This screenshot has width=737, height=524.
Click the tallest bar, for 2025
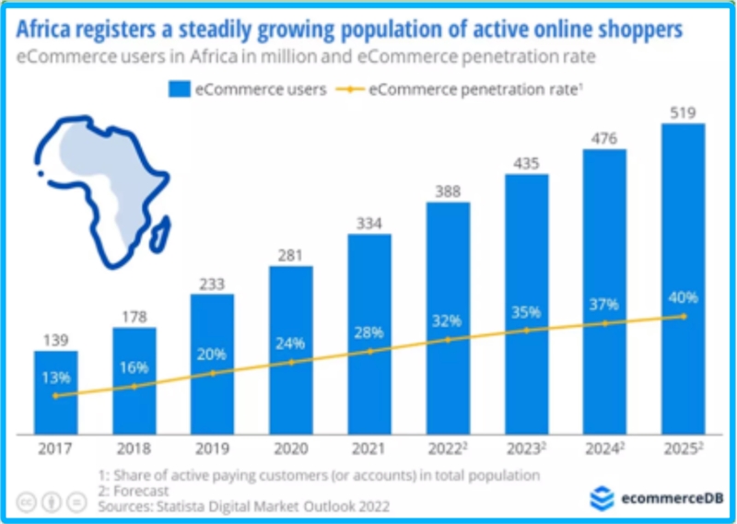[x=683, y=276]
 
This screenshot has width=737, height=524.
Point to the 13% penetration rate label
[x=55, y=377]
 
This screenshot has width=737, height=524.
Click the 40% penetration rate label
[x=683, y=297]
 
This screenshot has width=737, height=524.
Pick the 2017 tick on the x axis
[x=55, y=451]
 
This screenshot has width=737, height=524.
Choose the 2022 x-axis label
[x=448, y=451]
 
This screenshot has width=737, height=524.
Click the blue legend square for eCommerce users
[x=179, y=90]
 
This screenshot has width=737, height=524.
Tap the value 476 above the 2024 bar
[x=604, y=136]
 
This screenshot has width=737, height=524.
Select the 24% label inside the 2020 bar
[x=290, y=343]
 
